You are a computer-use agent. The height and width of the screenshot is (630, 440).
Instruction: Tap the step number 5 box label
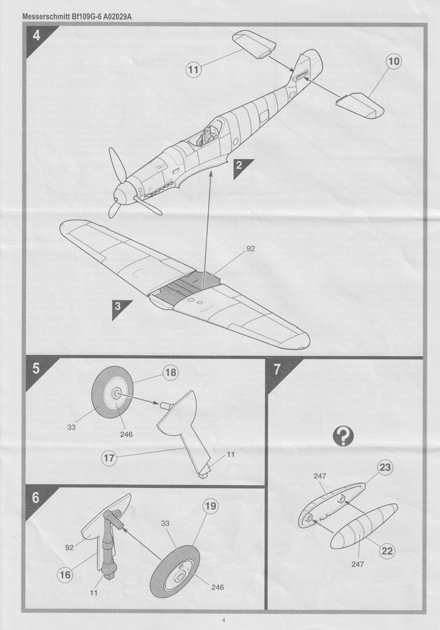36,370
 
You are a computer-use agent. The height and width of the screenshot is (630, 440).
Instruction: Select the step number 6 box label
36,498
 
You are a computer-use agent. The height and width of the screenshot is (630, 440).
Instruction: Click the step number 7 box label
277,370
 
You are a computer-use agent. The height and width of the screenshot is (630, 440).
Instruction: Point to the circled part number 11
193,69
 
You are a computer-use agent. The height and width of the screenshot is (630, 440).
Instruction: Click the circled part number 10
393,62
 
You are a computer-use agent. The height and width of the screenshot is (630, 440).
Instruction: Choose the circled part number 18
170,373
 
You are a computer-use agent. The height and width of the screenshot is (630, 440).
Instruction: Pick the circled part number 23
385,468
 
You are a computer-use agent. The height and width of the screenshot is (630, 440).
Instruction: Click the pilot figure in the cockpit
204,134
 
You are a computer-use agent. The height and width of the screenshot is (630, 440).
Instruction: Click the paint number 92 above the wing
250,249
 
